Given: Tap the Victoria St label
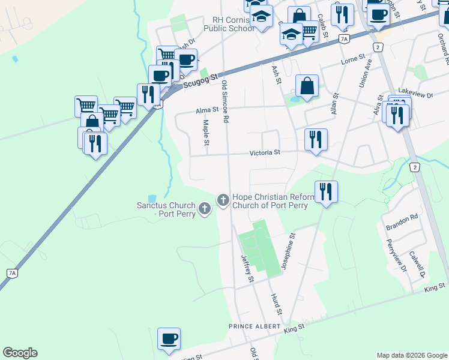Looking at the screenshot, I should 265,153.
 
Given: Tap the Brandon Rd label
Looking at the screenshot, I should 402,220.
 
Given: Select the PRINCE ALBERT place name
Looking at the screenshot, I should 252,326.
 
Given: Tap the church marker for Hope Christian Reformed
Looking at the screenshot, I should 223,199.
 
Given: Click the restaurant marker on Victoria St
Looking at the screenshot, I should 316,140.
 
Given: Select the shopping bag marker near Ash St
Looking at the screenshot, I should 307,85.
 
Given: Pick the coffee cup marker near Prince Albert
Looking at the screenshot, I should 169,338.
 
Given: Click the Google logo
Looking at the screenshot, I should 20,353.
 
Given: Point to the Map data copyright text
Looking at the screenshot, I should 411,355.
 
